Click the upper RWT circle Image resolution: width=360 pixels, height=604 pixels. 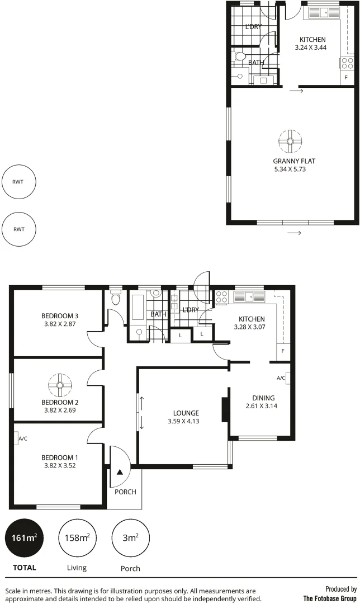click(x=20, y=182)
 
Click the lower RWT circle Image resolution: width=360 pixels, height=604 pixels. click(x=20, y=229)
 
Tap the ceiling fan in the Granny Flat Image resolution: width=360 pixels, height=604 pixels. click(x=290, y=141)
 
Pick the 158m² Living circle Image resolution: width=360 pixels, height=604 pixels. click(x=77, y=538)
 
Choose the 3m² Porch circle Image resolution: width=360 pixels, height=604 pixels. click(x=130, y=538)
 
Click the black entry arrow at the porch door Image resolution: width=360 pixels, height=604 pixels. click(x=119, y=471)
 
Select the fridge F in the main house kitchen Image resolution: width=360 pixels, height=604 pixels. click(x=283, y=351)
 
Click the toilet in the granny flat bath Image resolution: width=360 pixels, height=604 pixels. click(x=240, y=56)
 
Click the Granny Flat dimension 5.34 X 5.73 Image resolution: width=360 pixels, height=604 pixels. click(x=290, y=168)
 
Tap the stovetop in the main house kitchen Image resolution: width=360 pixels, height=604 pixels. click(x=221, y=296)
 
